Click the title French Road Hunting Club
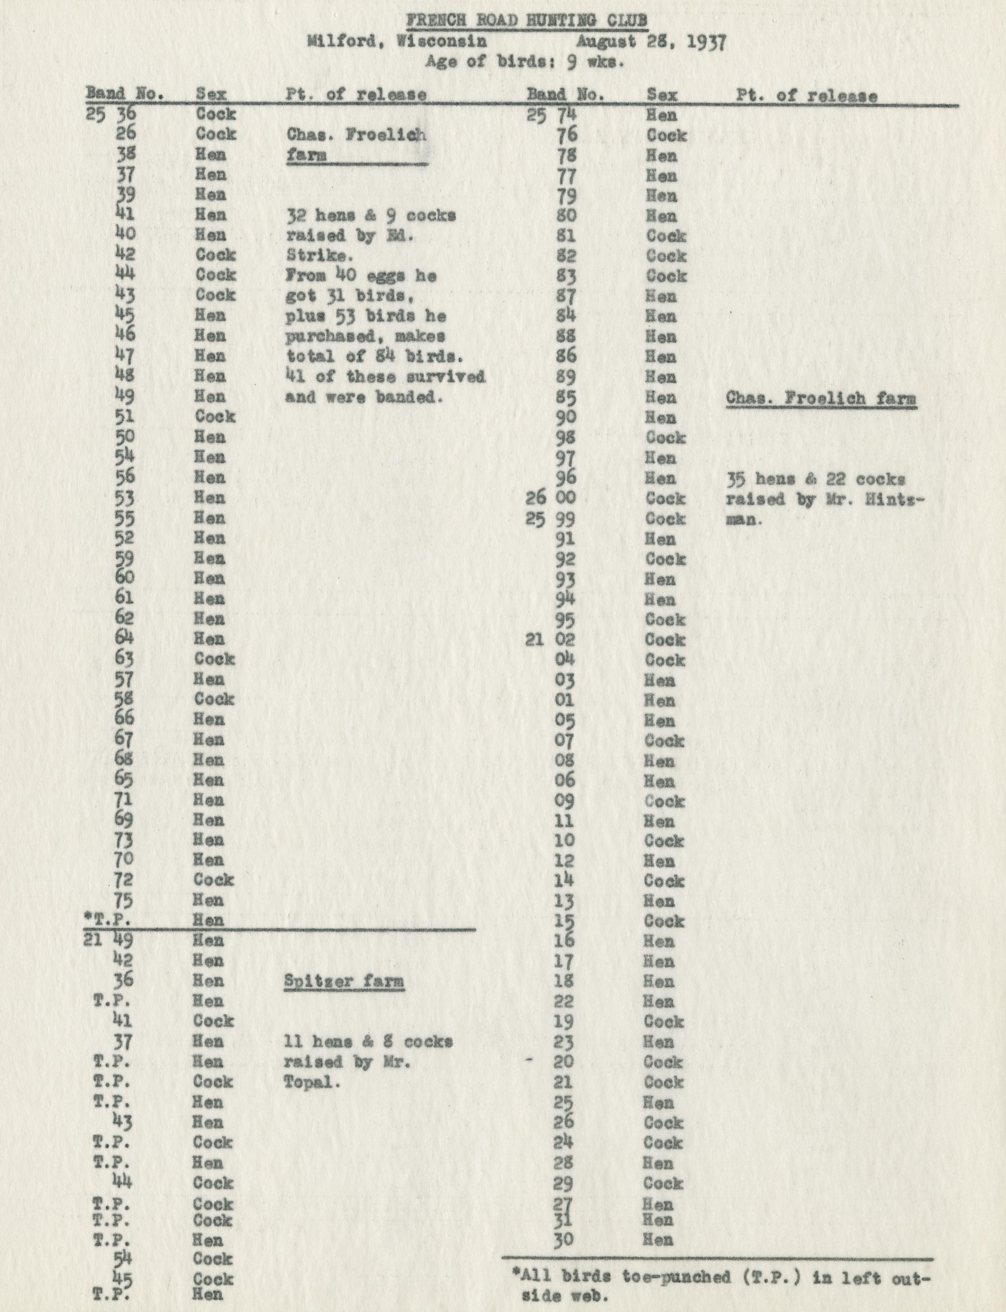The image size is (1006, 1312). point(526,21)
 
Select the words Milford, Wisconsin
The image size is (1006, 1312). point(396,42)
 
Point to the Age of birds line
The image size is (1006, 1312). point(525,62)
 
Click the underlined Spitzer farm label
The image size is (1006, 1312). point(344,981)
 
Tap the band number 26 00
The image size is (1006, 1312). point(551,498)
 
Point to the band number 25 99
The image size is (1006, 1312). point(551,519)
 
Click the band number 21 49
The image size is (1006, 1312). point(108,940)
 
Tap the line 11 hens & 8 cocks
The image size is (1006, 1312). point(368,1041)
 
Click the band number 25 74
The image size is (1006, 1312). point(551,115)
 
